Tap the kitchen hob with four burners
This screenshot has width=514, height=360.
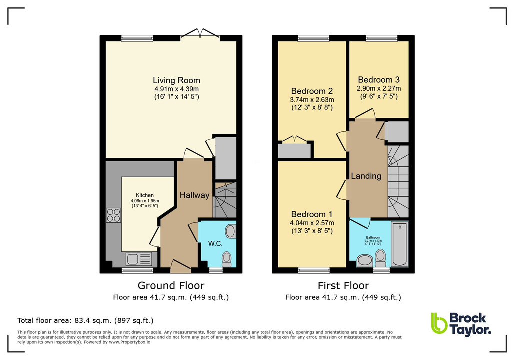click(113, 215)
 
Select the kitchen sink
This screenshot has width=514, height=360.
click(133, 259)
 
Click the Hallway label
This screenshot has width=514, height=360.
click(194, 195)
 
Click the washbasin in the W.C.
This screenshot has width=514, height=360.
click(230, 231)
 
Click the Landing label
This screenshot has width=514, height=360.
click(366, 176)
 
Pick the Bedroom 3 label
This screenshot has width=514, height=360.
click(378, 80)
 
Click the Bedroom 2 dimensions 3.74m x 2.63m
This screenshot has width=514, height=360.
click(312, 100)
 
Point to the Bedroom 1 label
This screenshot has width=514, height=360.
click(312, 214)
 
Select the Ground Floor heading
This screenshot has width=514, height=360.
click(171, 286)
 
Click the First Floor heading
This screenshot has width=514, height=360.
click(343, 286)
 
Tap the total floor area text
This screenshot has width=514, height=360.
click(85, 320)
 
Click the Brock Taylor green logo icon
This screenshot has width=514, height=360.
click(439, 323)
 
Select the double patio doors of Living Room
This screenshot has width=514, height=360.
click(200, 34)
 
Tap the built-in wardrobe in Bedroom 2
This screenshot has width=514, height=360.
click(294, 151)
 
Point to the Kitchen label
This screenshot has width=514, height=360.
click(145, 195)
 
